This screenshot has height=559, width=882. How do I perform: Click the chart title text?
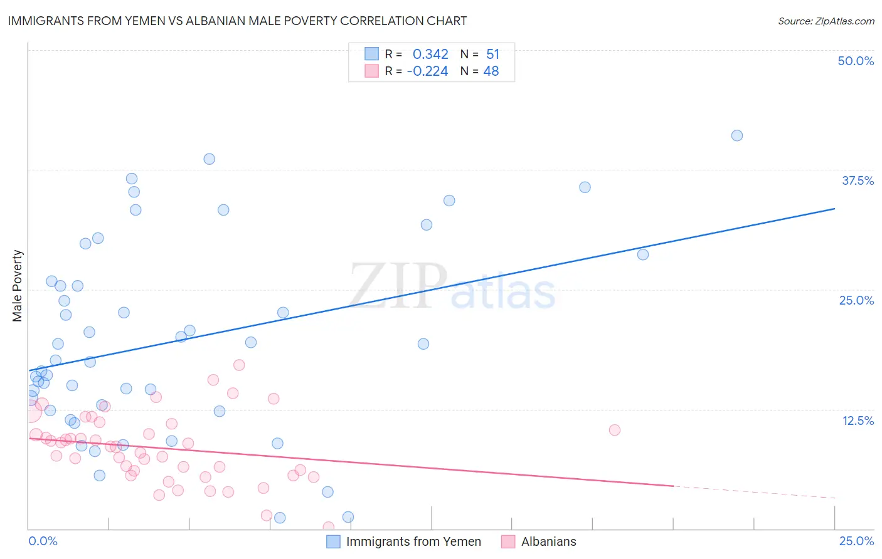coord(237,21)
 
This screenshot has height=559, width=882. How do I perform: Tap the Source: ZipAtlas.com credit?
coord(826,21)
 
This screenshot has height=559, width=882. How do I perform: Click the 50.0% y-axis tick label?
coord(856,61)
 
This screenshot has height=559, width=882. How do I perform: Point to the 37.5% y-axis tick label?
coord(858,180)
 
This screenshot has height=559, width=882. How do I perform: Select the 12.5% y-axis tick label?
coord(858,421)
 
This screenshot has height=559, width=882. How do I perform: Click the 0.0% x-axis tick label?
coord(43,541)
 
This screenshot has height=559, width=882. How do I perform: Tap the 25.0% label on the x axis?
coord(856,541)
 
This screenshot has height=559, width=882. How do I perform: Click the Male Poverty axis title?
coord(18,286)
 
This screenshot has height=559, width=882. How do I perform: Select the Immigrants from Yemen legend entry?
coord(404,541)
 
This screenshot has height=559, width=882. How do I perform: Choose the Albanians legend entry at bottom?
coord(539,541)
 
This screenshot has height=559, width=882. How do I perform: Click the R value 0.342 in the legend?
coord(430,55)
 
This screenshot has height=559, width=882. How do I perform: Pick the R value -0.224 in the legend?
coord(427,71)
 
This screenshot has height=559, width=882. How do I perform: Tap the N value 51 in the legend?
coord(492,55)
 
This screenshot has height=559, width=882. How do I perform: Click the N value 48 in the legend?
coord(491,71)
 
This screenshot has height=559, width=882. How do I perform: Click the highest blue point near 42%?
coord(737,135)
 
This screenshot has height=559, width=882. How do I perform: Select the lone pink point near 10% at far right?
coord(615,430)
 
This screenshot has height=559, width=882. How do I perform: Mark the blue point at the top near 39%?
coord(210,159)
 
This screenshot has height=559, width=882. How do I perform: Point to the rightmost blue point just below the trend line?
coord(643,254)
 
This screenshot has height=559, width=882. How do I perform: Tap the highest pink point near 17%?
coord(239,365)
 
